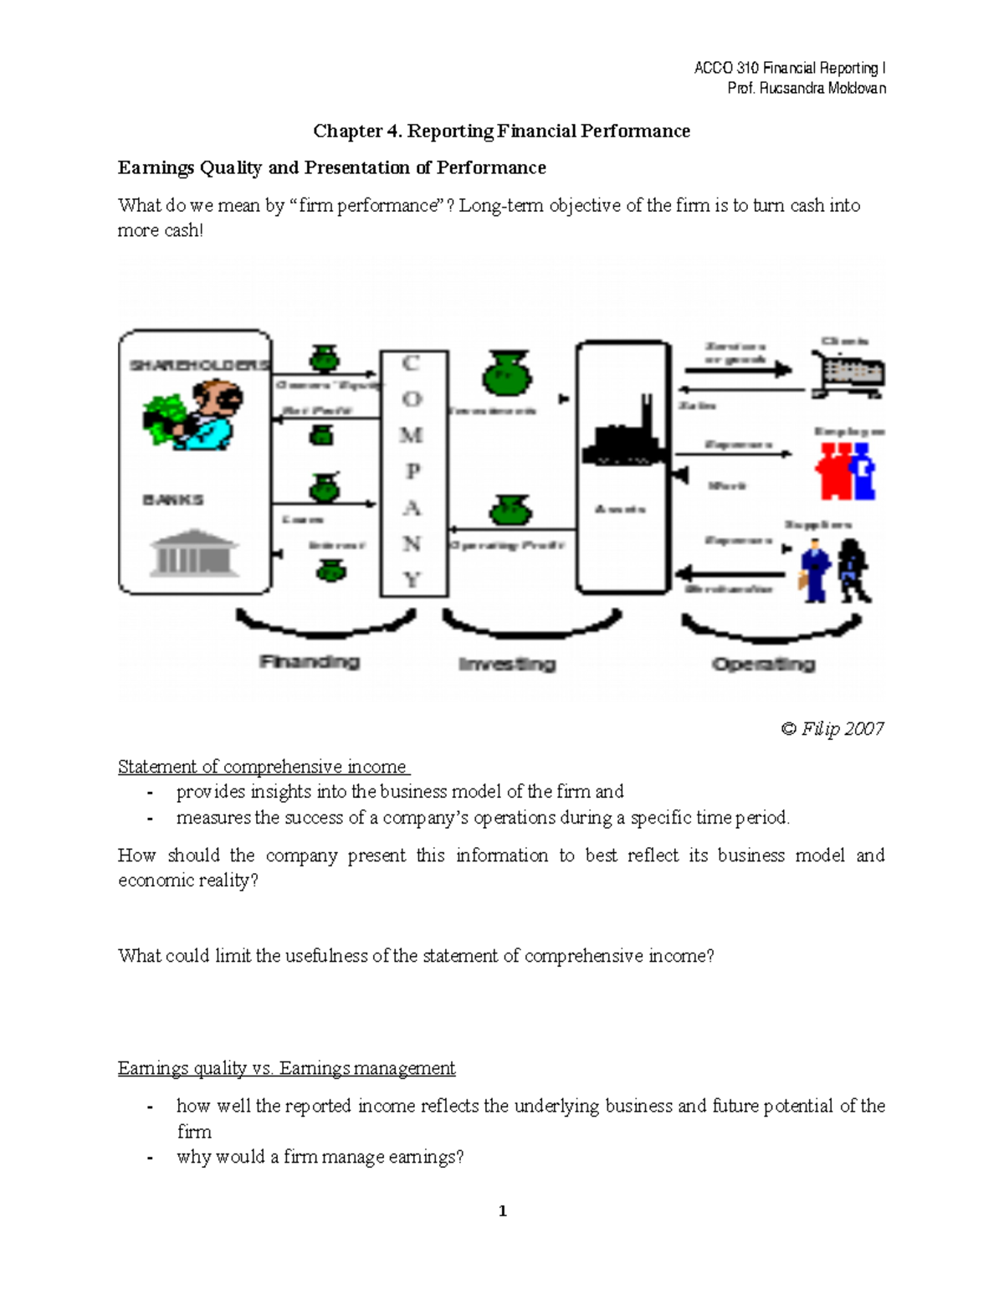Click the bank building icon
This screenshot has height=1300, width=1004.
[193, 552]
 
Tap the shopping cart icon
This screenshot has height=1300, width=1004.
[848, 374]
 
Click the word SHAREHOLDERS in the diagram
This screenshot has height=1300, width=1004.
[199, 365]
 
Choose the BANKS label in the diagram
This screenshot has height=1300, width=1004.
[173, 500]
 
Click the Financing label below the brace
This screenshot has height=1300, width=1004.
[310, 662]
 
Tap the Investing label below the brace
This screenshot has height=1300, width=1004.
[507, 664]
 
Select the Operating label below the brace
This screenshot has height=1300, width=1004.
[763, 664]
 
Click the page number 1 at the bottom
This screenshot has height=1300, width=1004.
[502, 1210]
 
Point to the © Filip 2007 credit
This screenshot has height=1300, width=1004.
[832, 728]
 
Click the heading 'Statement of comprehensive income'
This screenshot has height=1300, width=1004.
[263, 767]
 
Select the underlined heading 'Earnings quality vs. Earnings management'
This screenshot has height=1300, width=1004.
[286, 1068]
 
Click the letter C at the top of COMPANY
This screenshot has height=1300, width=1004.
[411, 363]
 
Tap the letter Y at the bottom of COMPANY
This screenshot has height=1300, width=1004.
[411, 579]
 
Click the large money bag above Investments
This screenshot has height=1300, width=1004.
[506, 373]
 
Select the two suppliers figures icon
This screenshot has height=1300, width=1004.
[835, 571]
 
